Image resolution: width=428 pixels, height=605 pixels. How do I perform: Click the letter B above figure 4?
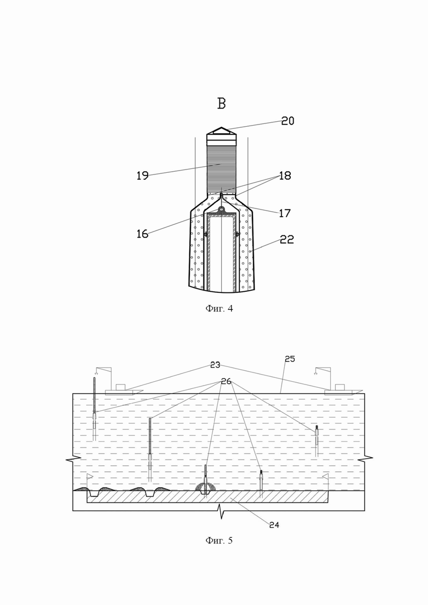pos(222,104)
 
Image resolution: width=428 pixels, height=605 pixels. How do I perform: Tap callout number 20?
pos(288,121)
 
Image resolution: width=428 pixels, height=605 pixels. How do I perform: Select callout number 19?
pos(143,176)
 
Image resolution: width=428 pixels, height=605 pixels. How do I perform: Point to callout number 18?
pos(285,176)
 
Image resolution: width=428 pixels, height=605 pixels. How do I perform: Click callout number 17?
pos(284,213)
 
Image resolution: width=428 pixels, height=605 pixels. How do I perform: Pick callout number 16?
pos(143,234)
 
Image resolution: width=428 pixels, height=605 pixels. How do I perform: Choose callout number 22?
pos(287,240)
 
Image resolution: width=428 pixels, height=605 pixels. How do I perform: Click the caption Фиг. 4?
pos(219,308)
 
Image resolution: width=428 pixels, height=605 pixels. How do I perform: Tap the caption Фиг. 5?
pos(219,540)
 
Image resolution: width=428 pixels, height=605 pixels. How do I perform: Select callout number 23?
pos(215,365)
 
